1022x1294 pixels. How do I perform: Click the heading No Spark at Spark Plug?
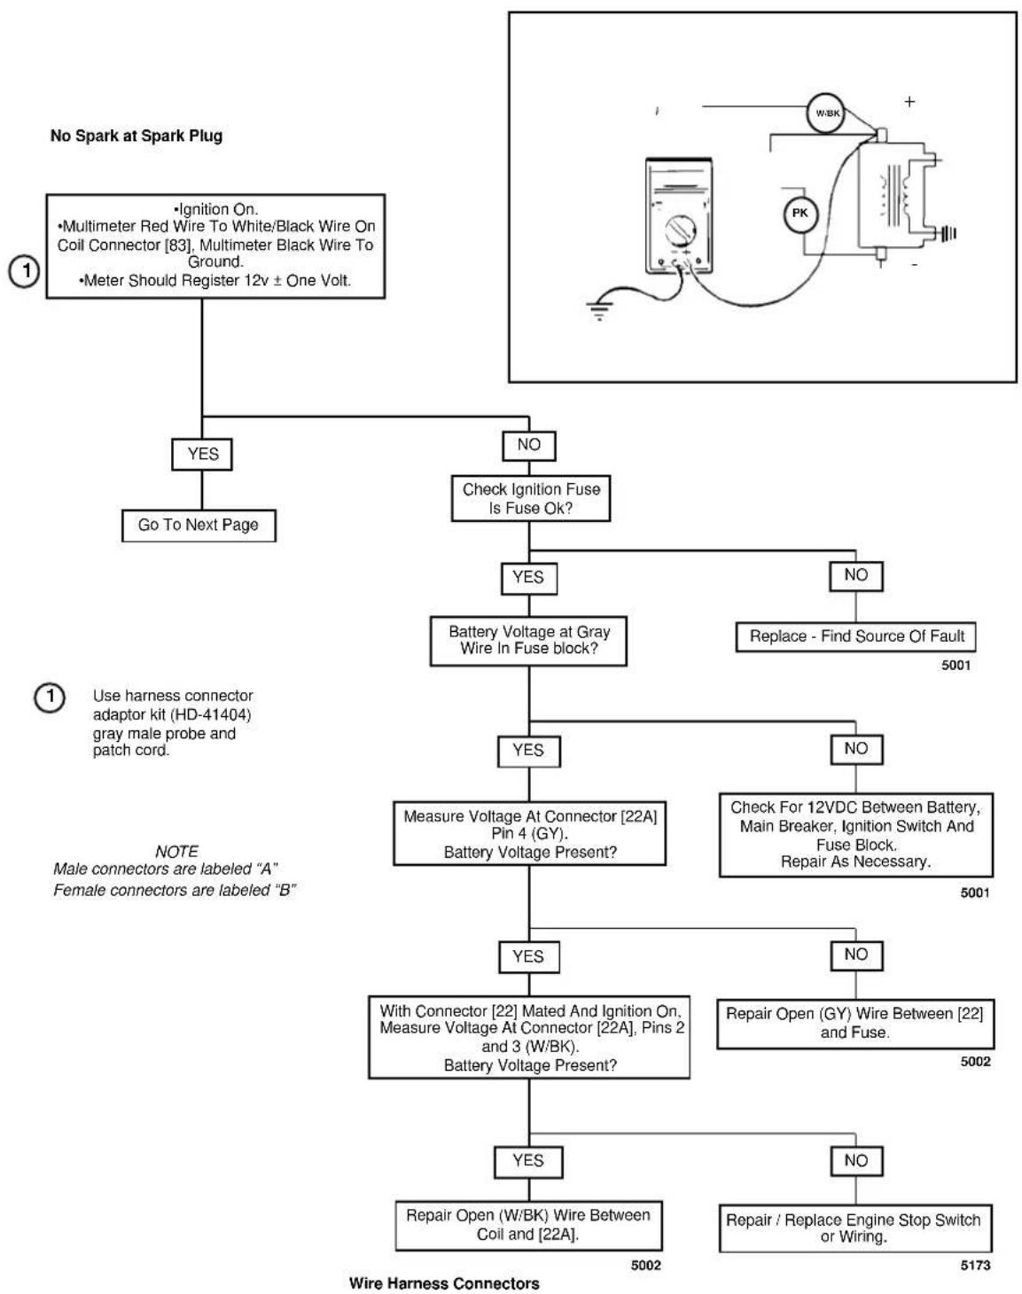point(136,136)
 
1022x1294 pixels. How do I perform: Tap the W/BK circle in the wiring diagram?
point(827,113)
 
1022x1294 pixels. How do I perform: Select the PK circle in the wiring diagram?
point(800,214)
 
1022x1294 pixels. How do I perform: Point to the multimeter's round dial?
point(681,230)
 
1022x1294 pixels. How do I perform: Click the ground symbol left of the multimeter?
point(599,309)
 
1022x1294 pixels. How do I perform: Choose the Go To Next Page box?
point(199,526)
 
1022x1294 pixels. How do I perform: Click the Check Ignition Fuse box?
point(531,498)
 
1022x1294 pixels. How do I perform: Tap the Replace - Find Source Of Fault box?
point(855,636)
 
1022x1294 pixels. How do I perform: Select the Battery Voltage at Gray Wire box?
point(528,641)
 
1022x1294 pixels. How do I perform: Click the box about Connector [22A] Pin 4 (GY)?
point(529,833)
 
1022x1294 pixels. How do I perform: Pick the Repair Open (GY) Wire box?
point(854,1024)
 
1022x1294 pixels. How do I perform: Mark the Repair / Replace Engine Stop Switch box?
point(854,1228)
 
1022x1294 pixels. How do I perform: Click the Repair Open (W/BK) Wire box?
point(528,1226)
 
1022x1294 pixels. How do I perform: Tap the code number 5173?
point(975,1265)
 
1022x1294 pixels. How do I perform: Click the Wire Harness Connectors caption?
point(444,1283)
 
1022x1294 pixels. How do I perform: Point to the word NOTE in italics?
point(176,852)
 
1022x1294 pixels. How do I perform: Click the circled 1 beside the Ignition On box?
point(24,271)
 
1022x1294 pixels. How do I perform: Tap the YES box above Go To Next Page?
point(202,454)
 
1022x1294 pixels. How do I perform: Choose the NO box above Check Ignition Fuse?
point(529,445)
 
